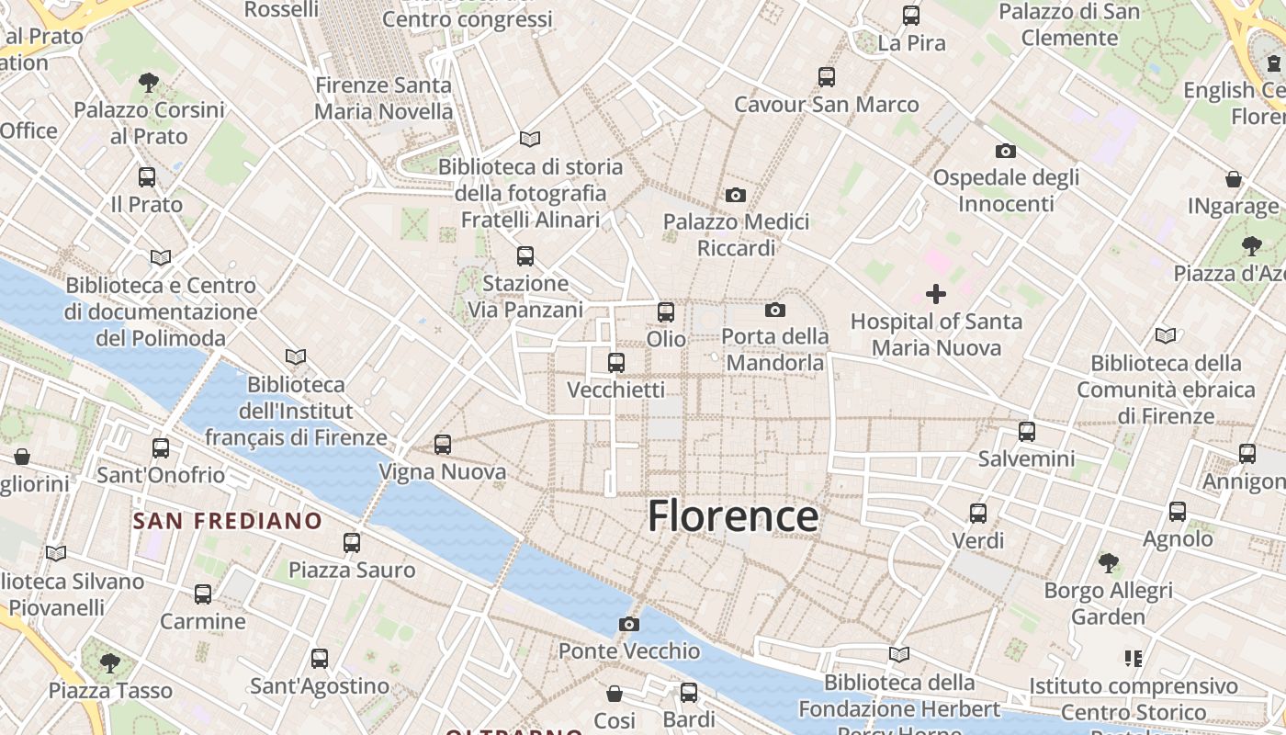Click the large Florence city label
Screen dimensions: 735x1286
coord(733,516)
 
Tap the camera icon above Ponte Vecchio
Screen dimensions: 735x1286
coord(629,625)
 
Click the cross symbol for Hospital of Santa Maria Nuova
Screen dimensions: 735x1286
coord(936,294)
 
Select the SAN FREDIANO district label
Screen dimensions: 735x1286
coord(228,522)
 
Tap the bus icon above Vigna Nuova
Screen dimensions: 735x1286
coord(443,445)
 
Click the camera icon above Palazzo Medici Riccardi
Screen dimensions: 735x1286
coord(736,195)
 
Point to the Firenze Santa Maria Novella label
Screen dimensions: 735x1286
coord(384,98)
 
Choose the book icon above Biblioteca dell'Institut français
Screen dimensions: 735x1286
coord(296,356)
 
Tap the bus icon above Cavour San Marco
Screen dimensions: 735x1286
coord(827,77)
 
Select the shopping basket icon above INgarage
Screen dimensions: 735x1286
coord(1234,179)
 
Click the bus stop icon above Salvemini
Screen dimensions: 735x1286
coord(1027,431)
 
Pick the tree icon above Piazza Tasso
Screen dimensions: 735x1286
coord(110,662)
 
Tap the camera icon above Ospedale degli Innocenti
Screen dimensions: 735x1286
coord(1006,151)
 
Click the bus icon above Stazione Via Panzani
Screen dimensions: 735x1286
coord(525,255)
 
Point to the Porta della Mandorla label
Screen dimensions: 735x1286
coord(775,349)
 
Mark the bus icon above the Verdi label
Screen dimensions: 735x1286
coord(978,513)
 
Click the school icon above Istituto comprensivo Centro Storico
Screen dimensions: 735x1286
coord(1133,659)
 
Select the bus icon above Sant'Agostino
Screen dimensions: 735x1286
coord(320,658)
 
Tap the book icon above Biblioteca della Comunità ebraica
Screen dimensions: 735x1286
coord(1166,335)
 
